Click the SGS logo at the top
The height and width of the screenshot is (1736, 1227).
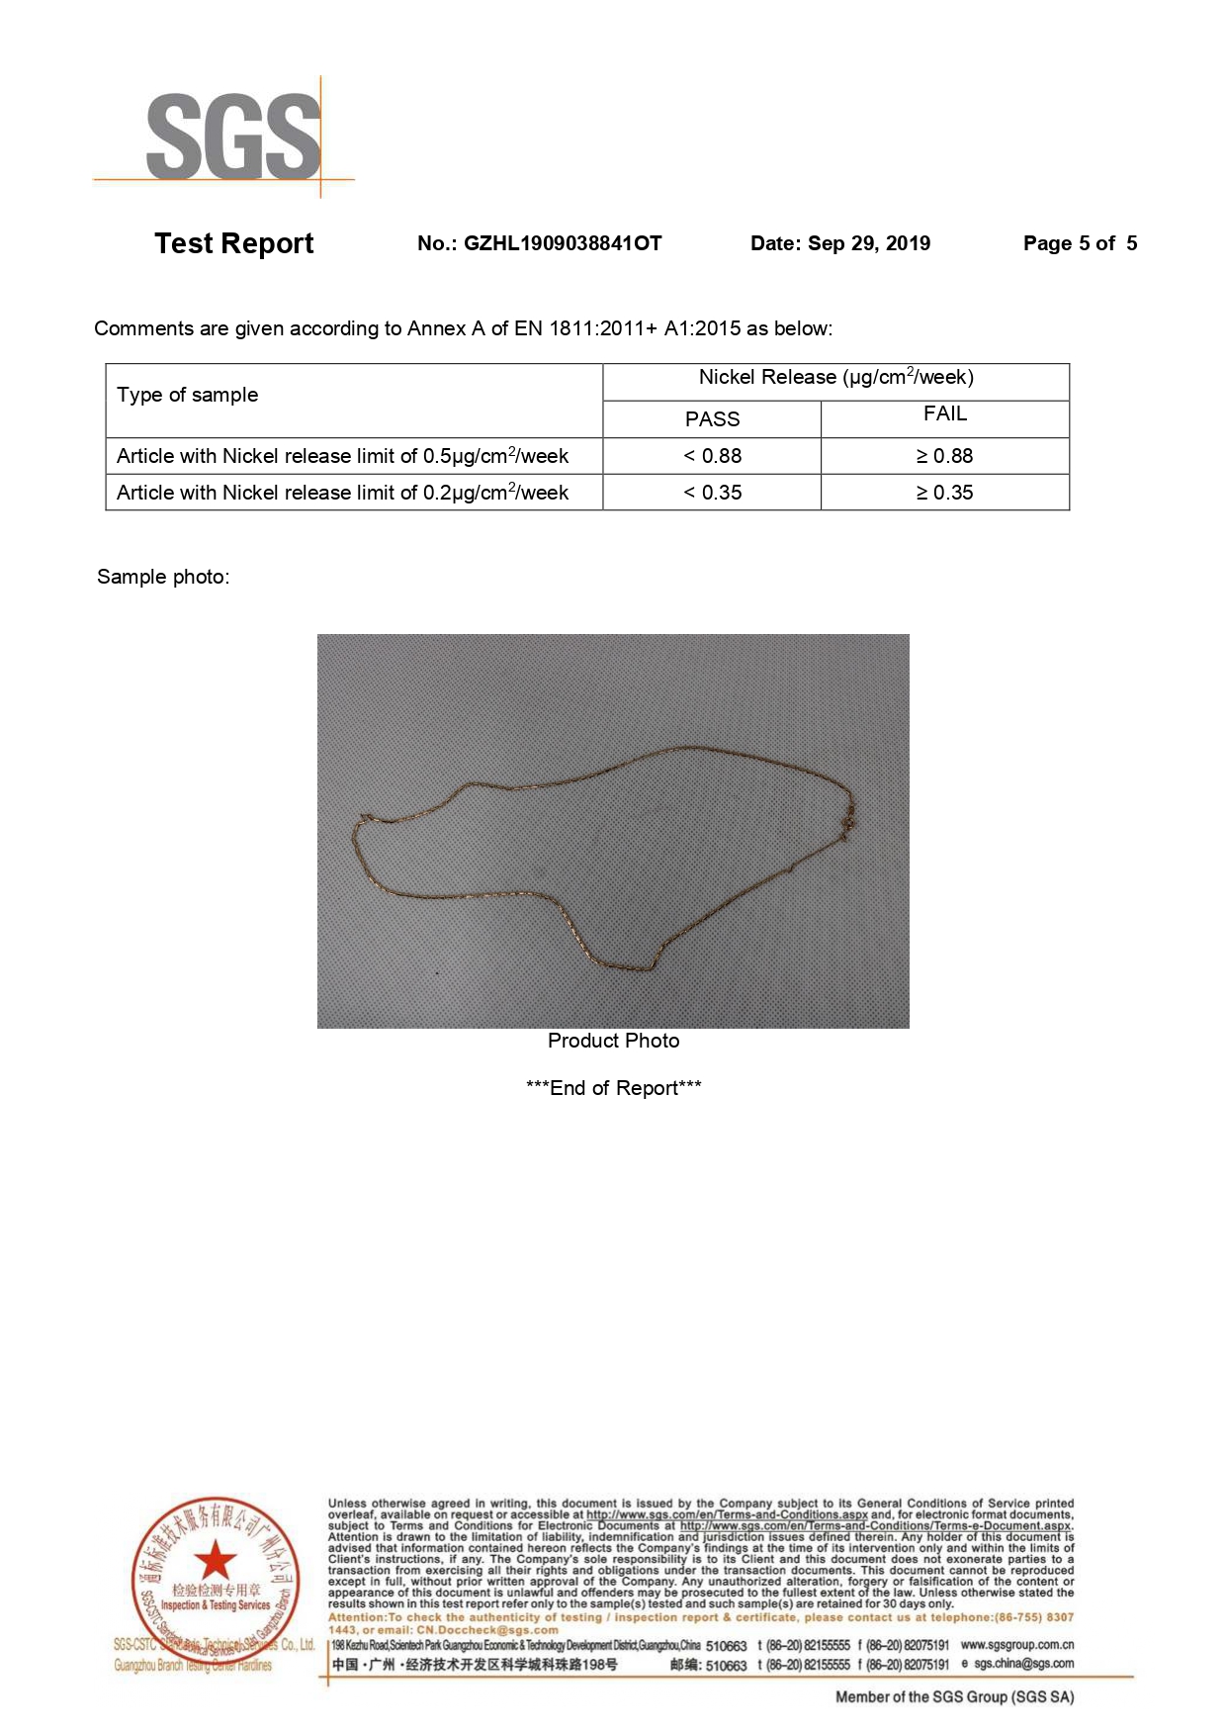(x=233, y=137)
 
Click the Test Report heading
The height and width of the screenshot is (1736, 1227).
(x=233, y=243)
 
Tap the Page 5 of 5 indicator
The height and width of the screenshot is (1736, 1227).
(x=1080, y=243)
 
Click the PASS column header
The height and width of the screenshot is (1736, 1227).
(x=712, y=419)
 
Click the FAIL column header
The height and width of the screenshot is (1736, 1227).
(x=945, y=414)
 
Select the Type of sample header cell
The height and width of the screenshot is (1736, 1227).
(x=188, y=395)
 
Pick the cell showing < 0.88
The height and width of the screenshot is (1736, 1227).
(x=712, y=456)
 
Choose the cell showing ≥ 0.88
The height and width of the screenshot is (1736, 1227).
(x=945, y=456)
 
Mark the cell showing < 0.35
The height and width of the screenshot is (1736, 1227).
(x=712, y=493)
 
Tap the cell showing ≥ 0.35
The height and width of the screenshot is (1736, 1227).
(x=945, y=493)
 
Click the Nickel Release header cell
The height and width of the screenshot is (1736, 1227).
(x=835, y=378)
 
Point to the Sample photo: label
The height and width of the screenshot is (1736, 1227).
(x=163, y=577)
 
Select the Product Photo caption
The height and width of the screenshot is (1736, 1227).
(x=613, y=1041)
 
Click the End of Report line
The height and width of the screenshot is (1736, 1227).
(x=613, y=1088)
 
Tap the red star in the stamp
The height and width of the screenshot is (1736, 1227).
(x=215, y=1560)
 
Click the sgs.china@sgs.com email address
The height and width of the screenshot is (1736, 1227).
(x=1023, y=1664)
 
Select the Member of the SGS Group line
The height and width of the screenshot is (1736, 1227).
(x=954, y=1697)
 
